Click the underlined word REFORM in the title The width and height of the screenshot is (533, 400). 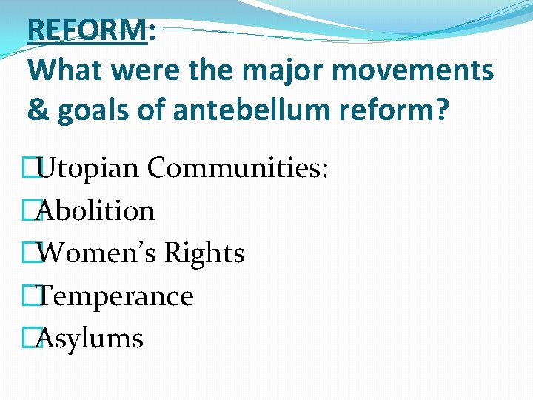click(87, 30)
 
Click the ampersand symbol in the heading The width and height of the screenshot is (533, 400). click(36, 110)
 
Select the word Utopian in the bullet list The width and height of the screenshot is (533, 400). click(88, 168)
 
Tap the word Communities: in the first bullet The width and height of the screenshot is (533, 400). click(238, 168)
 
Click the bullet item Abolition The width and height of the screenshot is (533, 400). click(95, 211)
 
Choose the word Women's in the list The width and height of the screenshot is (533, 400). click(97, 253)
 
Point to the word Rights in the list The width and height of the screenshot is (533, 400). click(204, 253)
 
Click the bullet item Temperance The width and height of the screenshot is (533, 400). click(115, 296)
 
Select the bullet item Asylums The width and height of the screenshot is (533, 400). click(90, 339)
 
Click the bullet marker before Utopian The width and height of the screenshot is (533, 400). click(30, 169)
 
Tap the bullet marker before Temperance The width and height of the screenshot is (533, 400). click(30, 296)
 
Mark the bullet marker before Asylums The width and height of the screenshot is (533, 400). click(30, 339)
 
